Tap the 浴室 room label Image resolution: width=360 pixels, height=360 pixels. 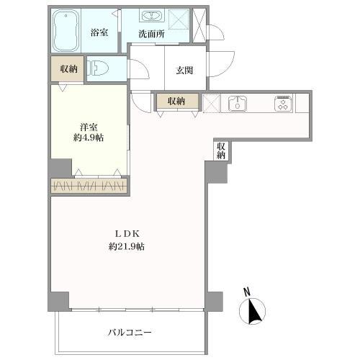pos(99,32)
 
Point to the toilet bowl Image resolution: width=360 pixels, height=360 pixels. pos(97,70)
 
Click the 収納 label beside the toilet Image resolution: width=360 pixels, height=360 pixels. pos(68,70)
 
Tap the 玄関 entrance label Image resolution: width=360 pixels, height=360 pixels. pos(184,71)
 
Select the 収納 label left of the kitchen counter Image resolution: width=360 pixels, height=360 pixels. pos(176,102)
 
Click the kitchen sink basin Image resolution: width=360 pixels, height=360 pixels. pos(236,104)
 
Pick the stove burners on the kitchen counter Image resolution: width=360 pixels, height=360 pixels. pos(282,104)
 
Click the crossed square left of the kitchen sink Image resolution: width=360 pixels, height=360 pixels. pos(211,103)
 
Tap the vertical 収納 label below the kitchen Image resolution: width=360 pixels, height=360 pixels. pos(220,150)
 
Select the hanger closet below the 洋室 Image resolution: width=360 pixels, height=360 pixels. pos(89,186)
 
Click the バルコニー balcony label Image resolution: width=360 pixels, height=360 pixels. pos(130,332)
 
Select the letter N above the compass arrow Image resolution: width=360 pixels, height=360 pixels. pos(247,292)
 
